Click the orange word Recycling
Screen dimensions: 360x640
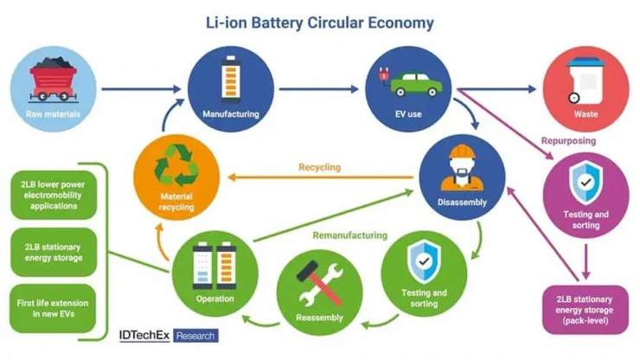[319, 167]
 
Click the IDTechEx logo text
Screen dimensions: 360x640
[144, 335]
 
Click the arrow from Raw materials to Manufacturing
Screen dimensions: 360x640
[143, 87]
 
